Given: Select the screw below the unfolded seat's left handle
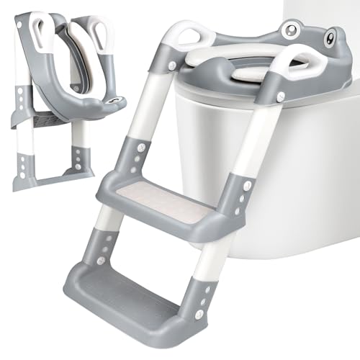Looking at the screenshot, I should pos(172,67).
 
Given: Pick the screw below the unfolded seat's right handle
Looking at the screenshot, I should pos(280,95).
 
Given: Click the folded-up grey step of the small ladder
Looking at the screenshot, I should pos(43,119).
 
